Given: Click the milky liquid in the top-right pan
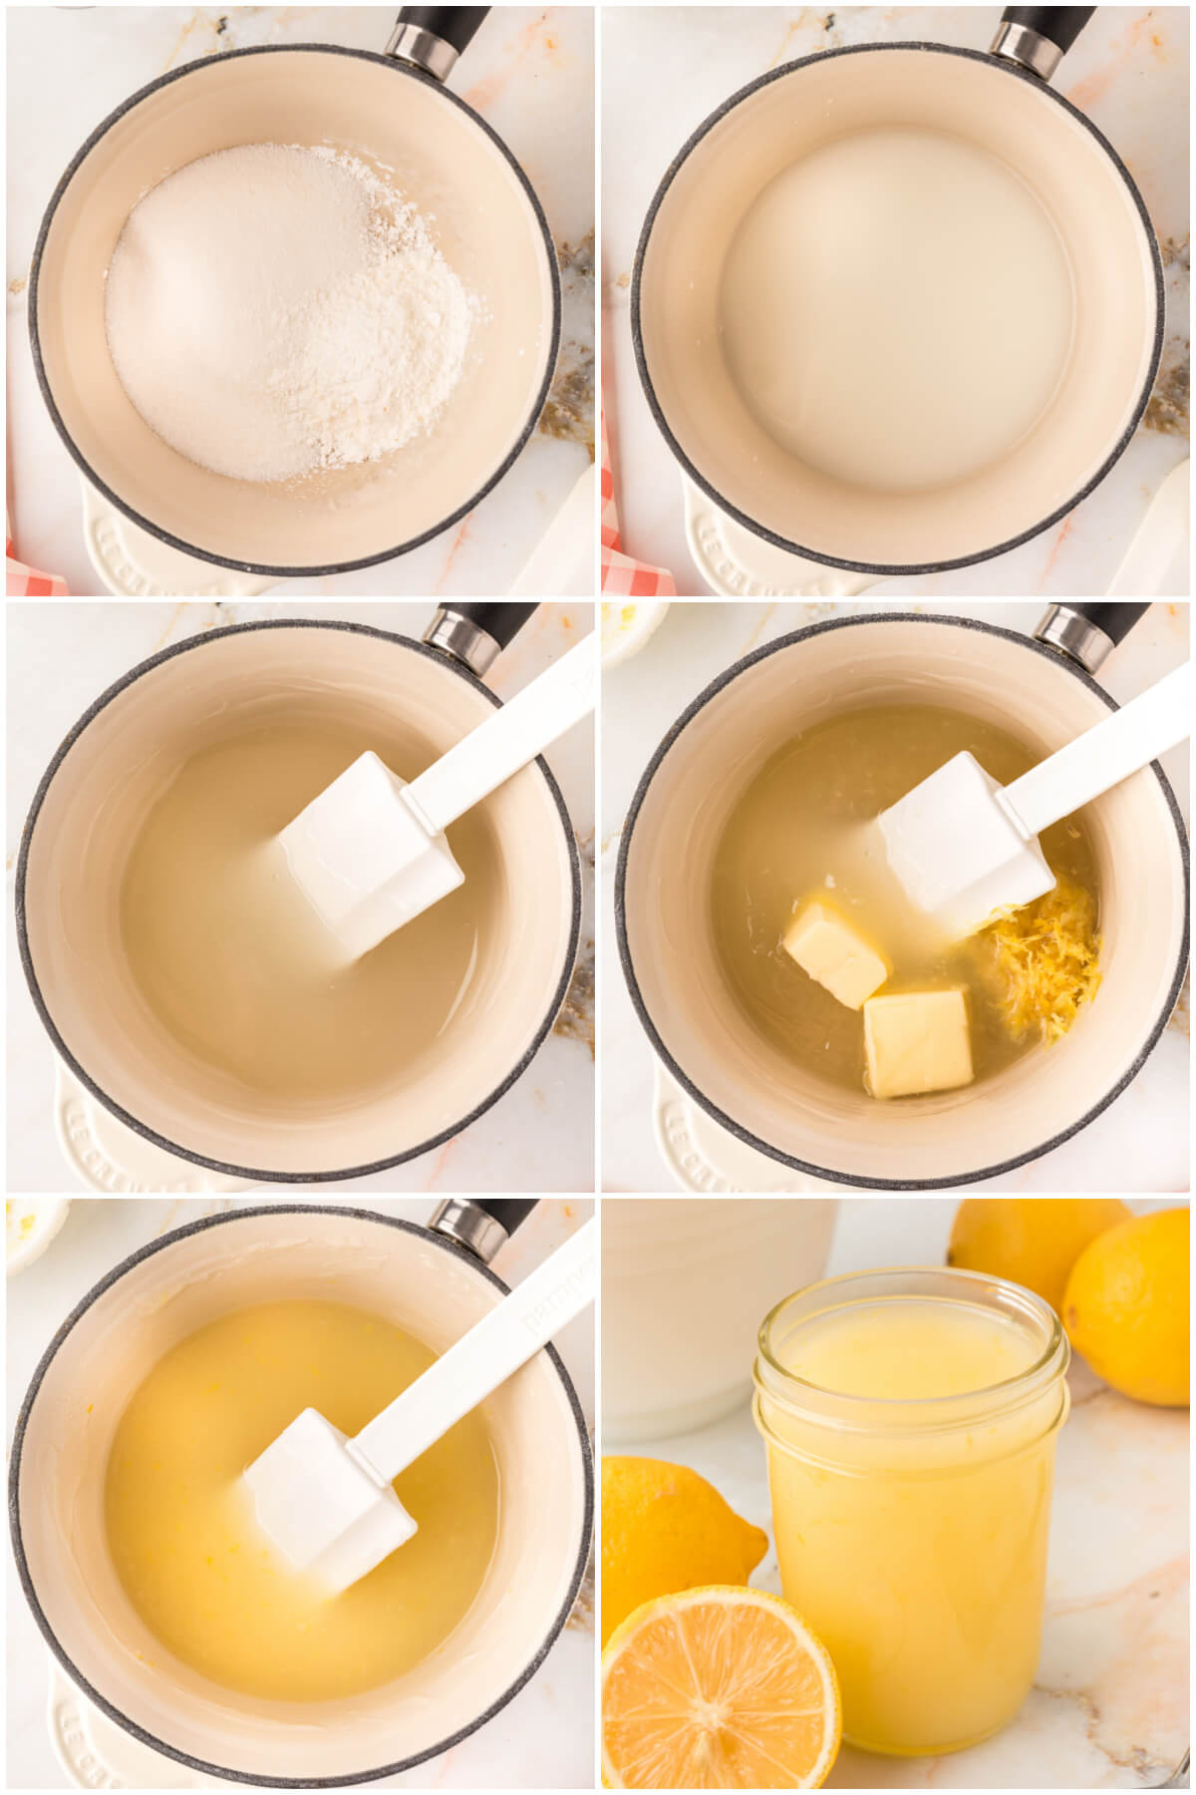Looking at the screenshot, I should (897, 309).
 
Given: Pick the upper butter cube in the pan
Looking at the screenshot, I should (835, 949).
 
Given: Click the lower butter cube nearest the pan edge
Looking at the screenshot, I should (917, 1041).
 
